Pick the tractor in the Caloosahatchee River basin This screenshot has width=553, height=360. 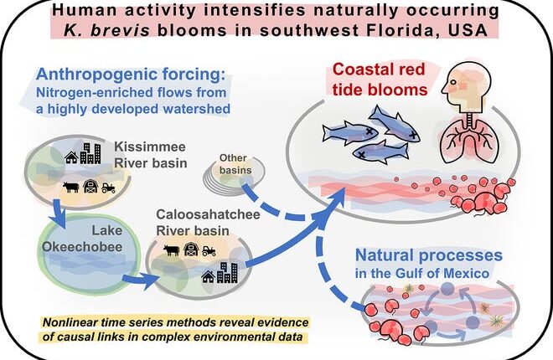pos(208,249)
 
